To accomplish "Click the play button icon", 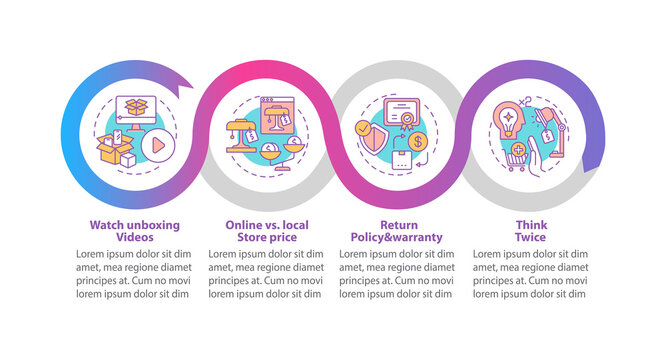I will coord(156,144).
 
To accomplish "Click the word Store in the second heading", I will coord(241,238).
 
